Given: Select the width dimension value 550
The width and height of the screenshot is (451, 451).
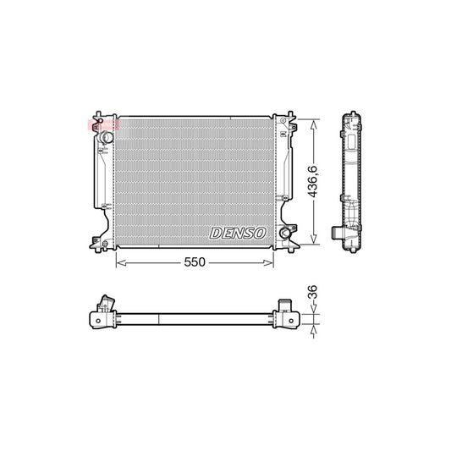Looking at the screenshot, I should tap(195, 263).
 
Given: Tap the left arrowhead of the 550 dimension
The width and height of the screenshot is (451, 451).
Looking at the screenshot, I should tap(119, 263).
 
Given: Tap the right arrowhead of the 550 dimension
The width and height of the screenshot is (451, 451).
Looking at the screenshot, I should tap(272, 263).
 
